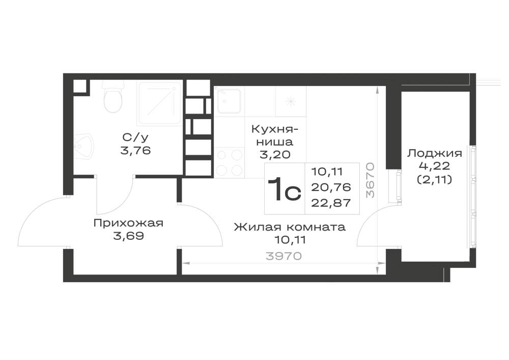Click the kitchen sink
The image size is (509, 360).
point(229,101)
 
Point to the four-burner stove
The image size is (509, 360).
point(229,162)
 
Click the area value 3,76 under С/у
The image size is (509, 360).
point(135,151)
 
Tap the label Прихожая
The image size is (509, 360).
point(128,224)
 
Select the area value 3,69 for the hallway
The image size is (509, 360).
point(129,236)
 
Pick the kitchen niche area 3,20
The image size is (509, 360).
point(275,154)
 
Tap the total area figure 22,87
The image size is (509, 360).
point(331,203)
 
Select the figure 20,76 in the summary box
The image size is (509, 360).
point(331,187)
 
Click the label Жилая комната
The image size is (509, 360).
point(290,227)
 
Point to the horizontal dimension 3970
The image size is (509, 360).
point(284,256)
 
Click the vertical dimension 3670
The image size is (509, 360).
point(370,180)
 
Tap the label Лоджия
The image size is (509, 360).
point(435,153)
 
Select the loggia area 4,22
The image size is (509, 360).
point(435,166)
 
